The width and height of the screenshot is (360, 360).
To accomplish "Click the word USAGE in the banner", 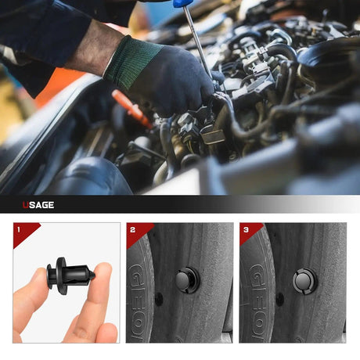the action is pyautogui.click(x=38, y=205).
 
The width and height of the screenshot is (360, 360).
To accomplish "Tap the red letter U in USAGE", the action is pyautogui.click(x=25, y=205).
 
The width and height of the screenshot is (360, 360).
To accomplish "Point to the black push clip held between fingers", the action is pyautogui.click(x=70, y=275).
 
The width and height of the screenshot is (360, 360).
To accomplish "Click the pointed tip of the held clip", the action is pyautogui.click(x=93, y=275).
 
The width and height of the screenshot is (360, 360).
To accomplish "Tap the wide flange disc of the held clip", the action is pyautogui.click(x=61, y=275).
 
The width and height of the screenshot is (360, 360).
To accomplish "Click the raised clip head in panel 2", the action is pyautogui.click(x=185, y=280).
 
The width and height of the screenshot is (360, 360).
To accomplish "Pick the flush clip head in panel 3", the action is pyautogui.click(x=304, y=281).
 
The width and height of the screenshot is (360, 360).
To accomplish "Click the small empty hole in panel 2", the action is pyautogui.click(x=159, y=299).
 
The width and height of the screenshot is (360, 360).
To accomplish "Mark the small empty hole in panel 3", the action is pyautogui.click(x=279, y=299).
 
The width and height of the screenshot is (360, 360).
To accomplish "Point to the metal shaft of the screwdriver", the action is pyautogui.click(x=197, y=40).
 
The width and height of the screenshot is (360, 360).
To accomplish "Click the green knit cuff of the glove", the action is pyautogui.click(x=131, y=62).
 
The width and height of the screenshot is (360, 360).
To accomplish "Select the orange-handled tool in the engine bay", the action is pyautogui.click(x=131, y=109).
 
